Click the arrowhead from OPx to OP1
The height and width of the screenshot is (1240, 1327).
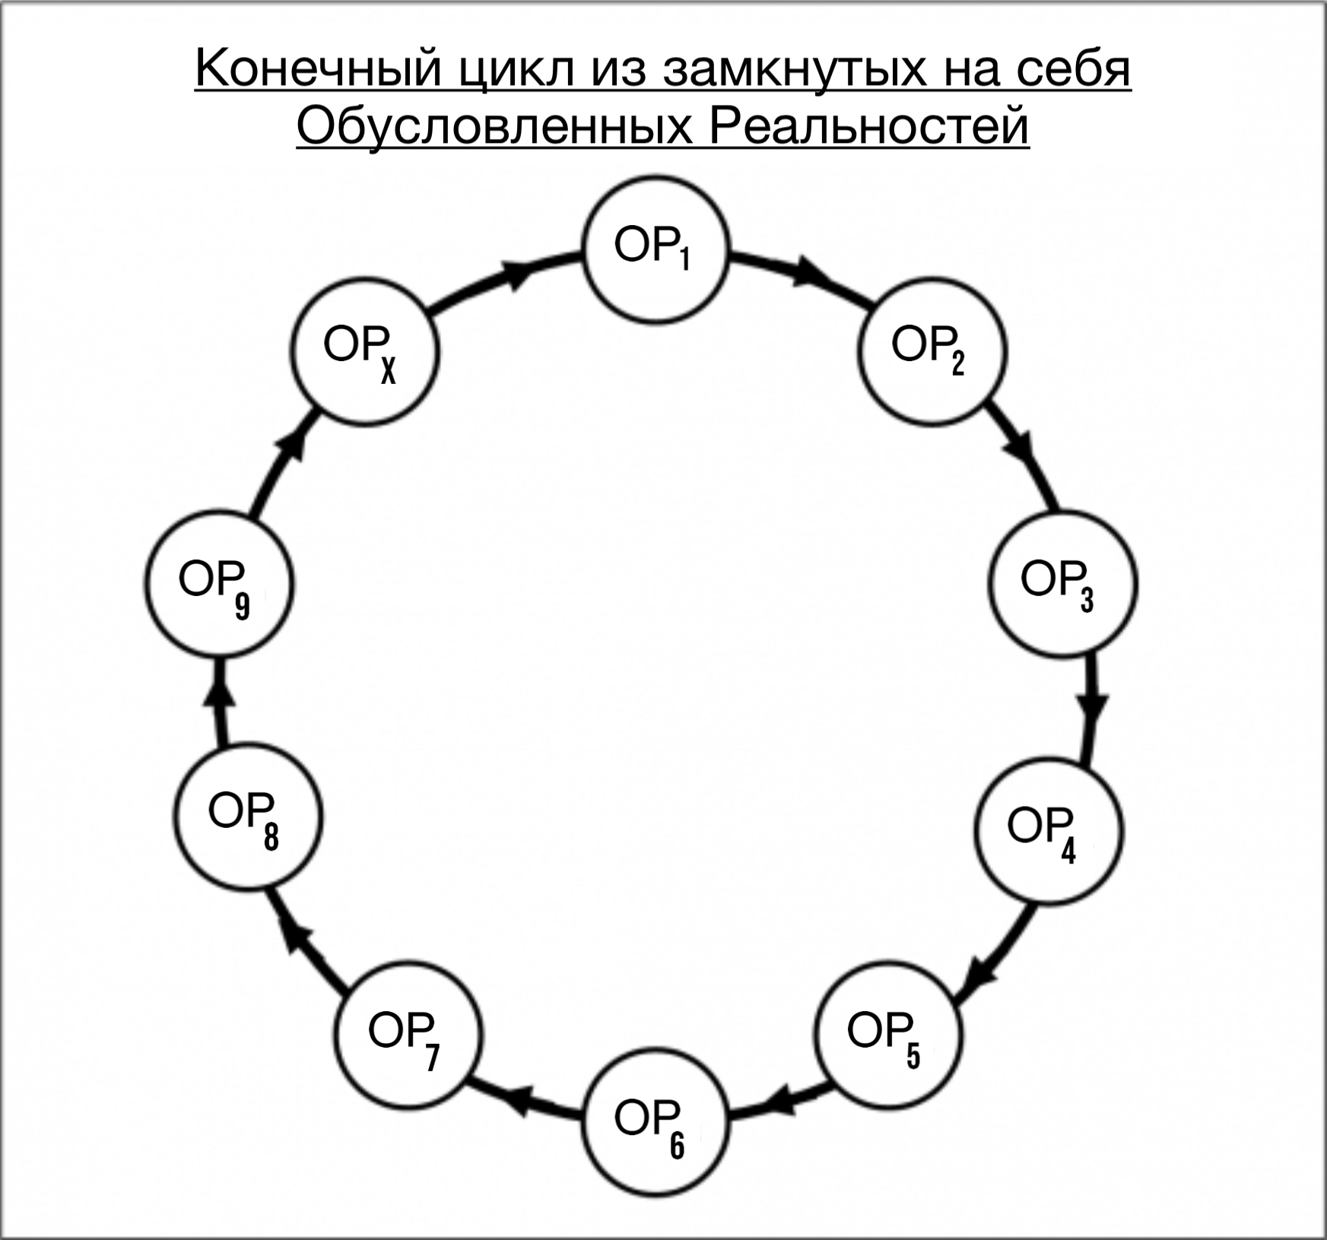(517, 274)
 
